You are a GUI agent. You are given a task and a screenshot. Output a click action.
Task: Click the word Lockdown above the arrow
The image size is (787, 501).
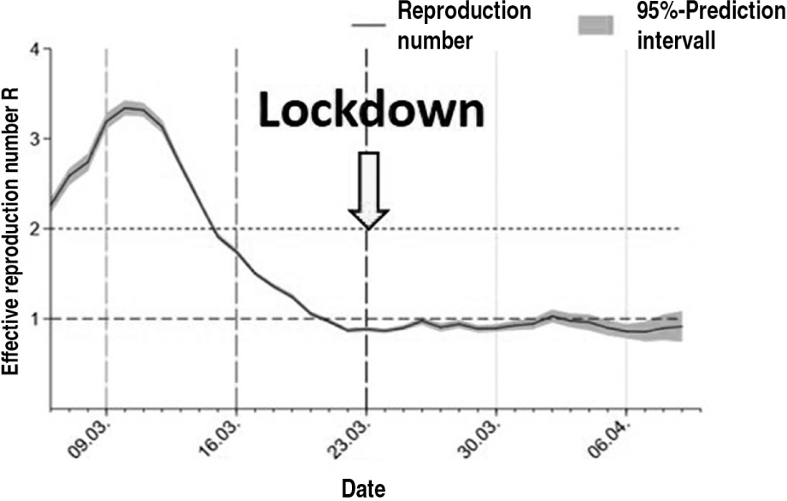point(372,111)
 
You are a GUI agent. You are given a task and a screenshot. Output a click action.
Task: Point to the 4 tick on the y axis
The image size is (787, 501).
point(34,49)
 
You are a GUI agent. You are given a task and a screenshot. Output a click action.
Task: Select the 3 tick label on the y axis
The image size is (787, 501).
point(34,139)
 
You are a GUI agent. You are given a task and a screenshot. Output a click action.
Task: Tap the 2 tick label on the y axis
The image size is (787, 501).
point(34,228)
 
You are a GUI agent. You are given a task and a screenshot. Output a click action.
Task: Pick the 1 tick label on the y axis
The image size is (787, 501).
point(34,318)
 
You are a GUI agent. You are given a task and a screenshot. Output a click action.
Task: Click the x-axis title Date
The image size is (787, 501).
point(363,488)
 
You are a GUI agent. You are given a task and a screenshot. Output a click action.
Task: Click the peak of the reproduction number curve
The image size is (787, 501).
point(130,108)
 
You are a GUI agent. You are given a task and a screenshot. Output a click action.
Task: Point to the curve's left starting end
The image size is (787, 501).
point(52,205)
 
